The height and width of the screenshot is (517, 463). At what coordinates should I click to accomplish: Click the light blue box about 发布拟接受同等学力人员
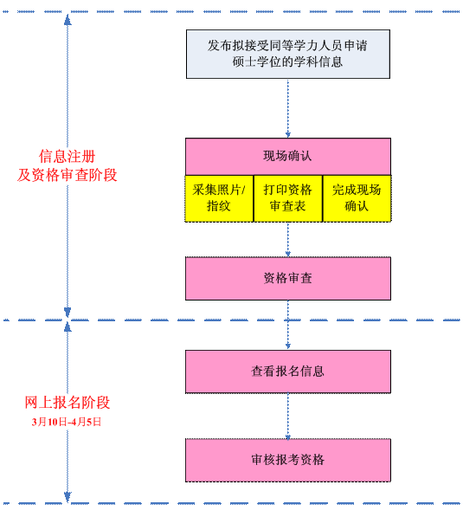tap(288, 54)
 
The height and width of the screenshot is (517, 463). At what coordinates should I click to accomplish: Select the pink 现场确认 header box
tap(288, 156)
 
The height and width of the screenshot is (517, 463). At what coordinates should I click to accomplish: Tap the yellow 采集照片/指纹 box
tap(219, 198)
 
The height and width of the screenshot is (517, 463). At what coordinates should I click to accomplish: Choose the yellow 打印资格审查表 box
tap(288, 198)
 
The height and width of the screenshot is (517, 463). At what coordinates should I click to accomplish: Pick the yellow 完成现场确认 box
tap(357, 198)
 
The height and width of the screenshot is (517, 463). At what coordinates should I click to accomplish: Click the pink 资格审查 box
tap(288, 278)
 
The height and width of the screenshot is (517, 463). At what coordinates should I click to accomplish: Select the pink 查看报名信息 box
tap(288, 371)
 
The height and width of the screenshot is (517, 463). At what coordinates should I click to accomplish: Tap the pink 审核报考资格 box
tap(288, 460)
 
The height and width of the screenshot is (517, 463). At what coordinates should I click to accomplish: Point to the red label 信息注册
tap(68, 157)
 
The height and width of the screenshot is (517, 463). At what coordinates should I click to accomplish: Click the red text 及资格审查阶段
tap(68, 175)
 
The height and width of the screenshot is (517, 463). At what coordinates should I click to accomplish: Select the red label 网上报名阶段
tap(68, 403)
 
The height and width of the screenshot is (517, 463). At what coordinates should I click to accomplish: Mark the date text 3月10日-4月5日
tap(68, 422)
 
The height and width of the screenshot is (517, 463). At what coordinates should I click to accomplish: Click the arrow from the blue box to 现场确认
tap(288, 108)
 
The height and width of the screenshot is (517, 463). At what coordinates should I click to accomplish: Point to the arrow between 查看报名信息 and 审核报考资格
tap(288, 416)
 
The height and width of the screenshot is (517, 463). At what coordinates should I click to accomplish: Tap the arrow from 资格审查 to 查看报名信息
tap(288, 325)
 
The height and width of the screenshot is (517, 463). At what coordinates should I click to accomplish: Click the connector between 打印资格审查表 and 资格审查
tap(288, 239)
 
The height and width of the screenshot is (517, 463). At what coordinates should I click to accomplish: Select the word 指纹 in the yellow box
tap(219, 206)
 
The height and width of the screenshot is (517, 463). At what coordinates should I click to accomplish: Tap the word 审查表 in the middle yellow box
tap(288, 206)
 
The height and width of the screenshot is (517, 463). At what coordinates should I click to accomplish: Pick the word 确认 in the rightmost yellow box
tap(357, 206)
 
